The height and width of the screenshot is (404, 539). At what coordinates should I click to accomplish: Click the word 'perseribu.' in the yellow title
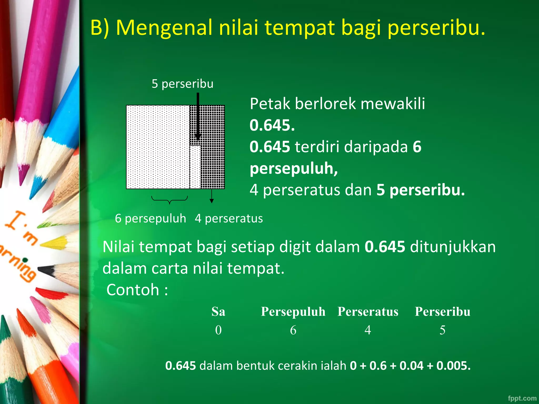pyautogui.click(x=436, y=28)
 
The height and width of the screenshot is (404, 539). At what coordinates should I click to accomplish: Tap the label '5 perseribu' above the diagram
pyautogui.click(x=182, y=84)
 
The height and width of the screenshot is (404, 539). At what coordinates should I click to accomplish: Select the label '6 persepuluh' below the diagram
pyautogui.click(x=150, y=219)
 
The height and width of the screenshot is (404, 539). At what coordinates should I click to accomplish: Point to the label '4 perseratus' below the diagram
pyautogui.click(x=229, y=219)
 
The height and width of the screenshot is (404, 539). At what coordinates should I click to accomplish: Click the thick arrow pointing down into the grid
pyautogui.click(x=198, y=116)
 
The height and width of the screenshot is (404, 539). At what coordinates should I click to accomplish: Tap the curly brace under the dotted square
pyautogui.click(x=169, y=200)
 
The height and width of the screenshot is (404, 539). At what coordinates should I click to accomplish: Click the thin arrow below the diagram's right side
pyautogui.click(x=212, y=196)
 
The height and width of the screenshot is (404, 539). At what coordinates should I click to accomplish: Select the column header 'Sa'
pyautogui.click(x=218, y=312)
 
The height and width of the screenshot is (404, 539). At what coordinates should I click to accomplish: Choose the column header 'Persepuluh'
pyautogui.click(x=293, y=312)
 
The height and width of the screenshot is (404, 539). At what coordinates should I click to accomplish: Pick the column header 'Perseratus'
pyautogui.click(x=368, y=312)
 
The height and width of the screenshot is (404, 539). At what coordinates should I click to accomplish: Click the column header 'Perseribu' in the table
pyautogui.click(x=442, y=312)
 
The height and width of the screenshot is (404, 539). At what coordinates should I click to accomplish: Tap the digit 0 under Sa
pyautogui.click(x=218, y=330)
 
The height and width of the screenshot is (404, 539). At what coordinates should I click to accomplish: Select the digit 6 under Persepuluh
pyautogui.click(x=293, y=330)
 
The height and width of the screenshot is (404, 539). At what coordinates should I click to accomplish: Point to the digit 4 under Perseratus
pyautogui.click(x=368, y=330)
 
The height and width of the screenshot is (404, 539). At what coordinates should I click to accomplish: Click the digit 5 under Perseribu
pyautogui.click(x=442, y=330)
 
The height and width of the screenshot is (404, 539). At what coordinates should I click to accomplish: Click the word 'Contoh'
pyautogui.click(x=133, y=290)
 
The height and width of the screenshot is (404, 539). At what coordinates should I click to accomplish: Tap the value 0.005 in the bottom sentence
pyautogui.click(x=453, y=366)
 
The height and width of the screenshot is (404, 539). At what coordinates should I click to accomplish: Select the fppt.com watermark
pyautogui.click(x=522, y=398)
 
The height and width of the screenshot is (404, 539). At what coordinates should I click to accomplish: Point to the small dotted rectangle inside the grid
pyautogui.click(x=195, y=167)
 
